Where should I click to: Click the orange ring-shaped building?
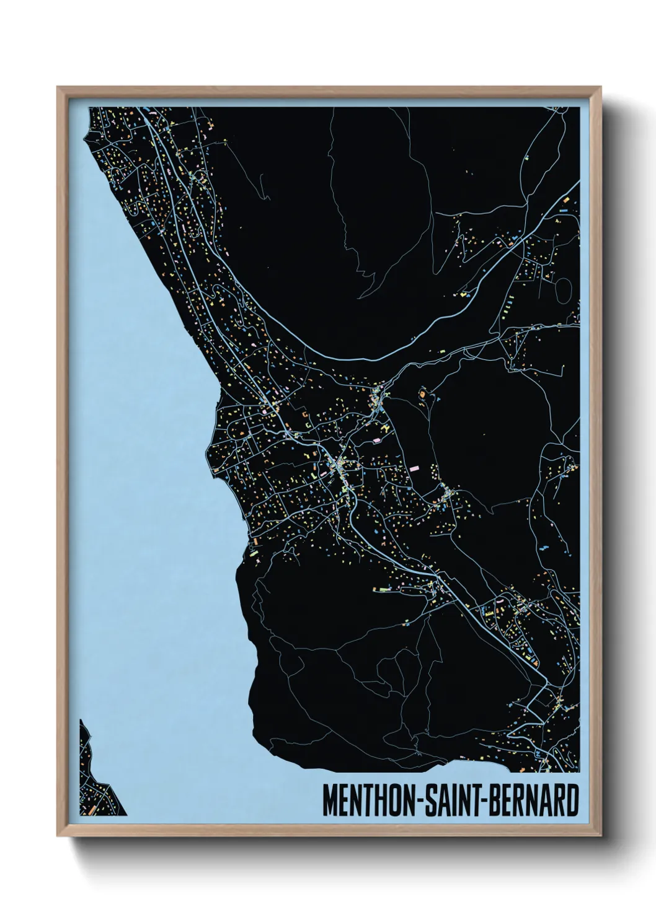423,393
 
